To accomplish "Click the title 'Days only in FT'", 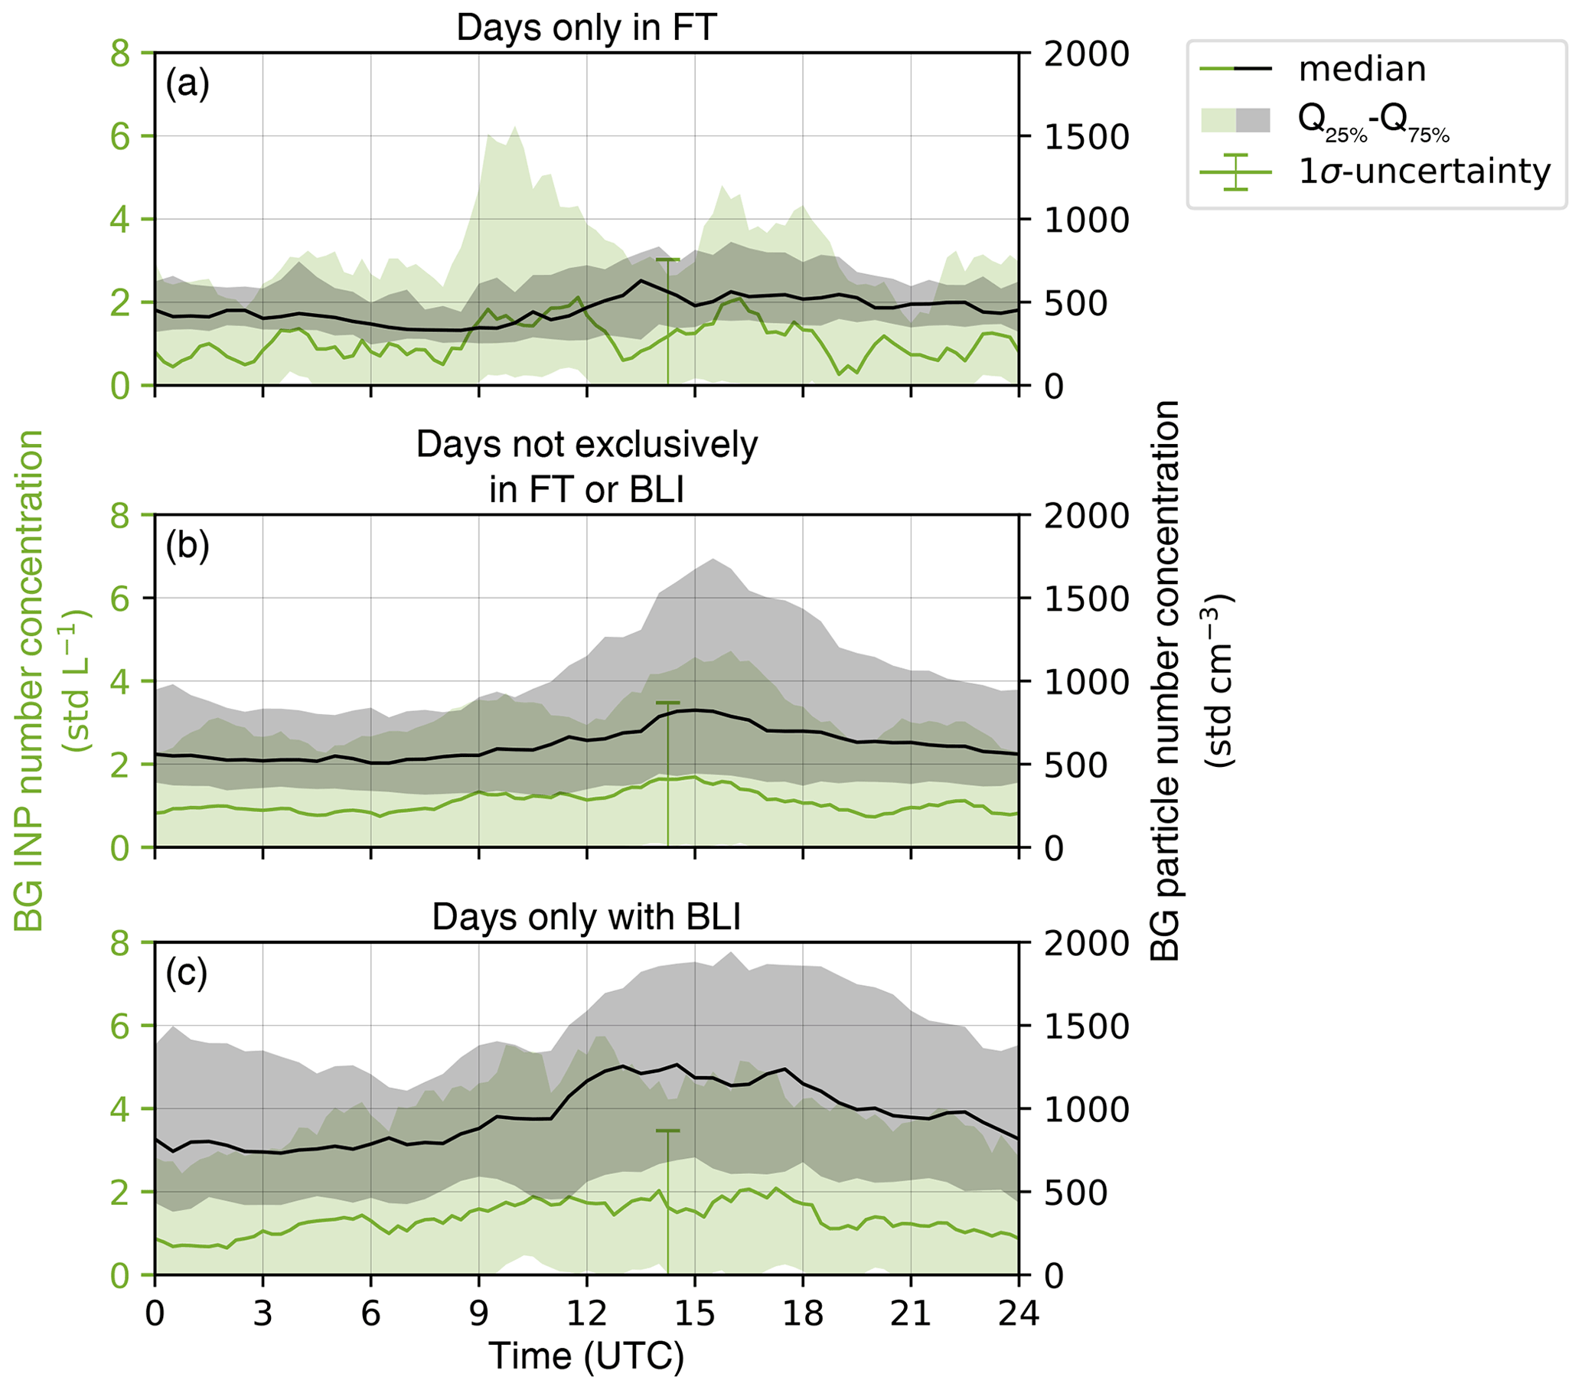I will tap(586, 28).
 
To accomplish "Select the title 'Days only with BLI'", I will tap(586, 917).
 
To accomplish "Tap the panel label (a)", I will tap(188, 83).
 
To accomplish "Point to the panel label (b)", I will tap(188, 546).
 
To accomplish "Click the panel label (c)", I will tap(187, 973).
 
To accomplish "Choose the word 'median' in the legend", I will tap(1362, 69).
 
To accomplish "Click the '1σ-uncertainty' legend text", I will tap(1424, 171).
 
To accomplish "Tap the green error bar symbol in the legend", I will tap(1235, 171).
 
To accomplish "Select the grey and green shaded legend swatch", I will tap(1235, 120).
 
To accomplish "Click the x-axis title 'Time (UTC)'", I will tap(586, 1356).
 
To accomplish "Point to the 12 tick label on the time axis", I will tap(586, 1313).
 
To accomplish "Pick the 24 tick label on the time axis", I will tap(1018, 1313).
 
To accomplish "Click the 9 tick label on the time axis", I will tap(479, 1313).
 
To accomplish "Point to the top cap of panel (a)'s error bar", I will tap(667, 260).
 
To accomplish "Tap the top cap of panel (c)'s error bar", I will tap(667, 1131).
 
